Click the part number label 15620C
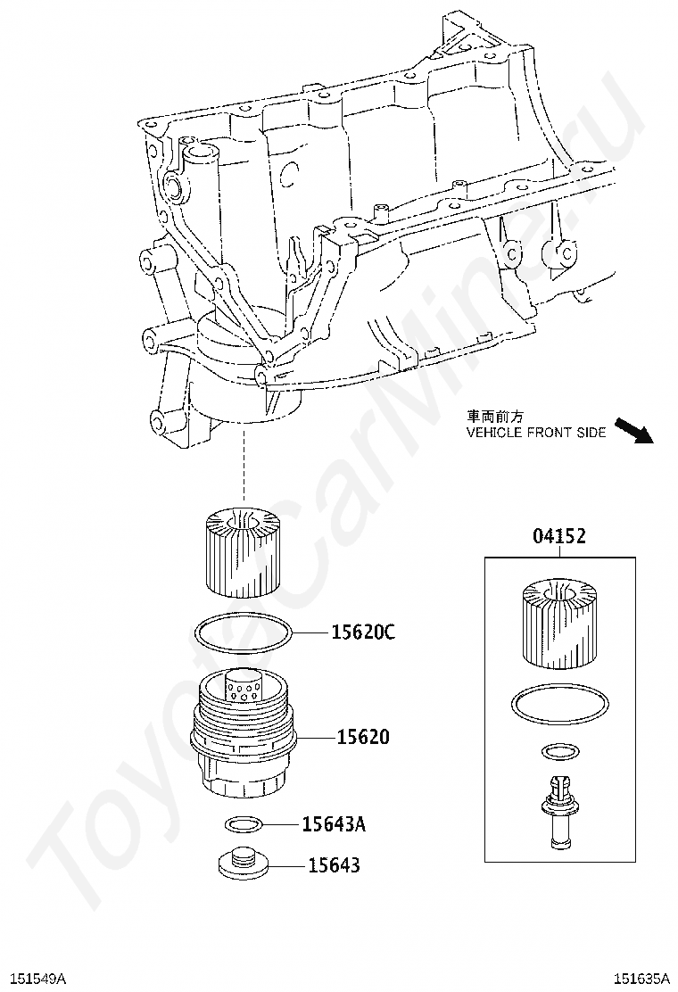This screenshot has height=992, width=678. click(364, 632)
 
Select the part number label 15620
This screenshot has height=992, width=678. click(364, 737)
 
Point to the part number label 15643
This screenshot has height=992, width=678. click(334, 864)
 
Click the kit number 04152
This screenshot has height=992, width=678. click(559, 536)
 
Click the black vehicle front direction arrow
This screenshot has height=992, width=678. click(633, 431)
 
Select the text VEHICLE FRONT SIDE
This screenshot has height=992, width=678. click(536, 433)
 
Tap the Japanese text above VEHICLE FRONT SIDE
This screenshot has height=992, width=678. click(495, 417)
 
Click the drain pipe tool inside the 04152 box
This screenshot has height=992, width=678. click(559, 811)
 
